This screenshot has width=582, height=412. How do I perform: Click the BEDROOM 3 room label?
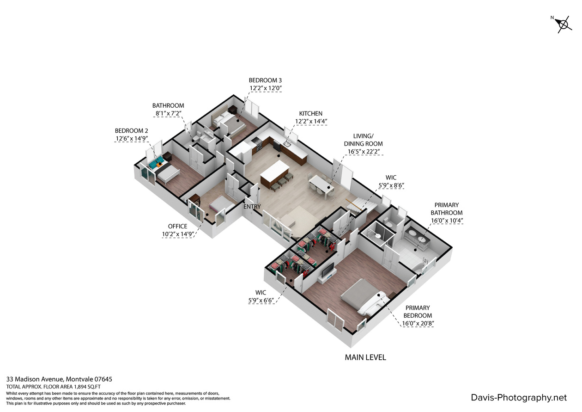265,80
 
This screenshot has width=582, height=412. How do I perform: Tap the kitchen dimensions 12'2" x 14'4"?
311,121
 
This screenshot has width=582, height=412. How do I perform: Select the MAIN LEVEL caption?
365,357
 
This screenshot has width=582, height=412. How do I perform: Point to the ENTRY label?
252,207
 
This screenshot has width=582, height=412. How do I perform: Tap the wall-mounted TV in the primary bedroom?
327,271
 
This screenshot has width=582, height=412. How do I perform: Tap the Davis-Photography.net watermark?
519,398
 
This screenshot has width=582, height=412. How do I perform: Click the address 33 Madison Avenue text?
35,379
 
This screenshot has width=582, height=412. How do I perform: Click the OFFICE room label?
177,226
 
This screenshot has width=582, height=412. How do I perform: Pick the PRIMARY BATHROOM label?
447,209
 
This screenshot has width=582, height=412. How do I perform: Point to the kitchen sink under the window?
287,142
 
